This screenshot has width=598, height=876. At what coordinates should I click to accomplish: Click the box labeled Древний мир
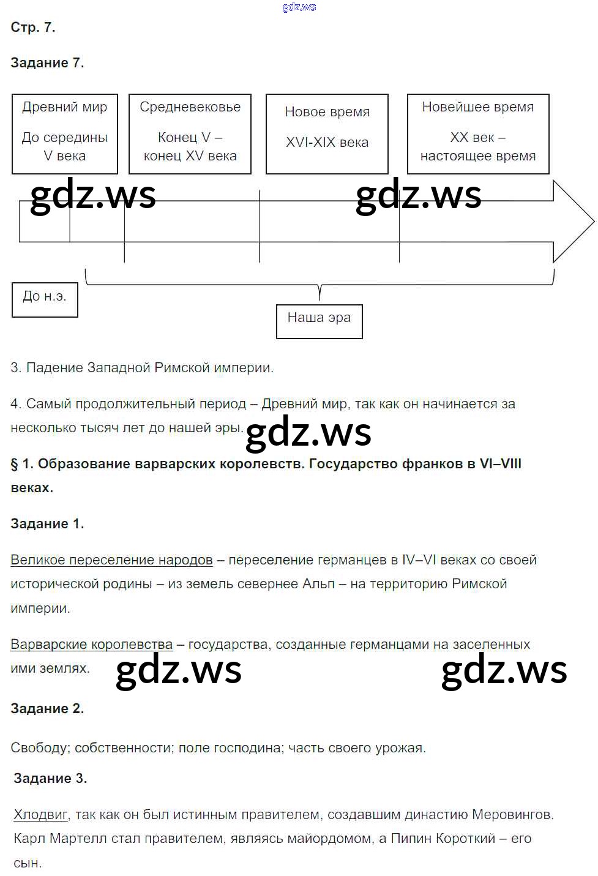[x=64, y=133]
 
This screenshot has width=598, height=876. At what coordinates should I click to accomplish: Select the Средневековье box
[x=190, y=133]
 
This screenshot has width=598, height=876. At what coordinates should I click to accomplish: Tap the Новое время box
[x=327, y=133]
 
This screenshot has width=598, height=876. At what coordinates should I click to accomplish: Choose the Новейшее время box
[x=477, y=133]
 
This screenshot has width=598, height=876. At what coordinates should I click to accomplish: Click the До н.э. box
[x=45, y=299]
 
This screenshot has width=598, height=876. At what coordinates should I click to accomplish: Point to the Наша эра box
[x=319, y=321]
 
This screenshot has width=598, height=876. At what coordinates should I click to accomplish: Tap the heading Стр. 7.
[x=33, y=27]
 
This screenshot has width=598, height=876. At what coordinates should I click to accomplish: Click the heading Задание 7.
[x=47, y=62]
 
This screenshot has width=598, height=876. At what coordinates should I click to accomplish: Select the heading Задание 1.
[x=47, y=523]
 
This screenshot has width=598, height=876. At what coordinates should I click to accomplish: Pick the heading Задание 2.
[x=47, y=708]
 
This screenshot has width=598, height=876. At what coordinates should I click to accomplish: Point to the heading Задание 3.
[x=50, y=778]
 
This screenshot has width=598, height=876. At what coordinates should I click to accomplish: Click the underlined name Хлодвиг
[x=40, y=814]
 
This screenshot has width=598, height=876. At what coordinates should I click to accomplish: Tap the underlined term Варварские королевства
[x=91, y=644]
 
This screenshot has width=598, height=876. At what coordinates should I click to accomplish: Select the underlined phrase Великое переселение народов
[x=111, y=560]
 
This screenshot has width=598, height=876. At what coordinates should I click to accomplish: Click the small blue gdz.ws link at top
[x=299, y=7]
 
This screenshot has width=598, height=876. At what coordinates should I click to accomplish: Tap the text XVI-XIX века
[x=327, y=142]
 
